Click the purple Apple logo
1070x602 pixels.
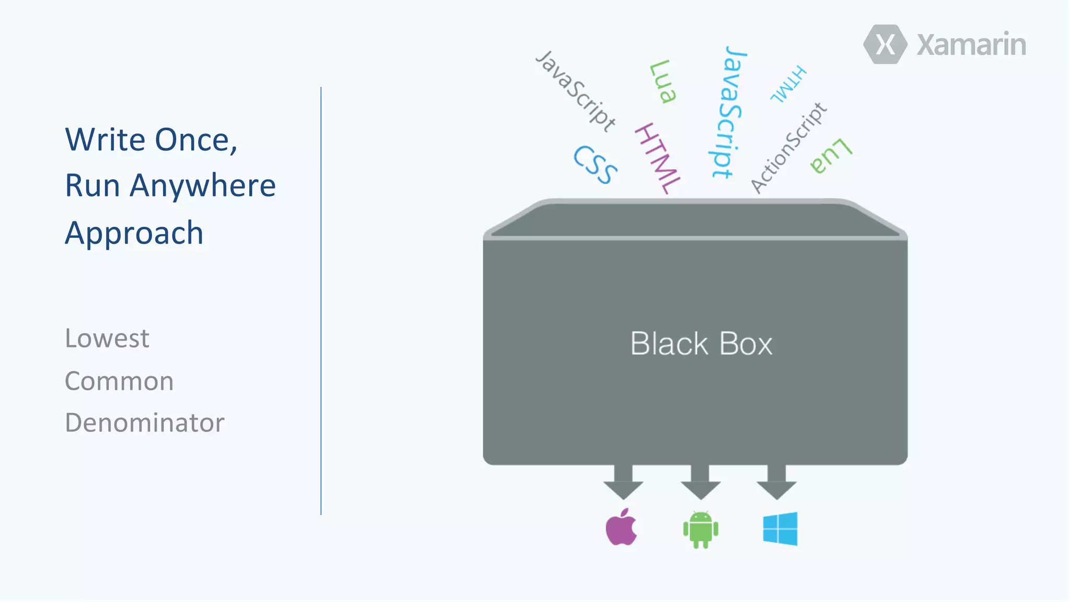621,527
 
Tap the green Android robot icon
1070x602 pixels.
701,529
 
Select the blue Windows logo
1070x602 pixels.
780,529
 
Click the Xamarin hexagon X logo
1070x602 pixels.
885,44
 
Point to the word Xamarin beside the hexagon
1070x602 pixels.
971,45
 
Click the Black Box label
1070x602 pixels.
701,344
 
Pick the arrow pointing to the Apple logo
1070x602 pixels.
623,483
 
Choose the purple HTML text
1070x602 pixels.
658,158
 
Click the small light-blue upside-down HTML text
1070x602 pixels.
789,84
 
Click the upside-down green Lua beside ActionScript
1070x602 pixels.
831,156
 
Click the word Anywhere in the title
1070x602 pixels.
203,186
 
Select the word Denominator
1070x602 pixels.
145,423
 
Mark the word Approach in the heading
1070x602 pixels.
134,233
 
